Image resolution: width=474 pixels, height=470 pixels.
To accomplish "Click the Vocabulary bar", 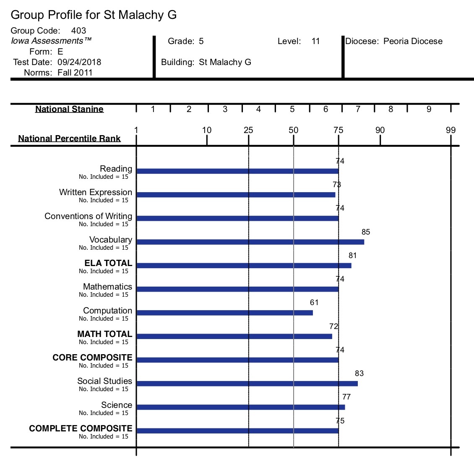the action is [250, 242].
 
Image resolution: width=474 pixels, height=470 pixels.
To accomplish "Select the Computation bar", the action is [224, 313].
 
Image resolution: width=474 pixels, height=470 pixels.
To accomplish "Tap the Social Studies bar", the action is [247, 384].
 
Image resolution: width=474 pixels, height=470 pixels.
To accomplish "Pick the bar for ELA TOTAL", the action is [244, 266].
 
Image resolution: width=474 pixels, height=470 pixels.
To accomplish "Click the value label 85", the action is [366, 232].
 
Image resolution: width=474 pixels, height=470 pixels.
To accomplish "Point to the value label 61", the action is [314, 303].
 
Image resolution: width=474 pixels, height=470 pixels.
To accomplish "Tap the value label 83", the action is [359, 373].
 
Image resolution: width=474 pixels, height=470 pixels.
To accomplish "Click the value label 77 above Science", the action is [346, 397].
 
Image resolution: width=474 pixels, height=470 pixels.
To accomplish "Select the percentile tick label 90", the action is [380, 130].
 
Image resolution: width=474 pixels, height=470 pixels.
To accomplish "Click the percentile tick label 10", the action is [207, 130].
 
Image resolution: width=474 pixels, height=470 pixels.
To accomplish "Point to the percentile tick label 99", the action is [451, 130].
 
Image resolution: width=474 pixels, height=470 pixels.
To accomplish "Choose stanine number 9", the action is [429, 109].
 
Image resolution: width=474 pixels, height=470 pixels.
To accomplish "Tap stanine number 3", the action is [225, 109].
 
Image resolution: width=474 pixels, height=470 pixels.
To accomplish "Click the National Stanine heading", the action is [70, 109].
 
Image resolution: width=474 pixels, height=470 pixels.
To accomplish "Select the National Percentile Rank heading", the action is [69, 138].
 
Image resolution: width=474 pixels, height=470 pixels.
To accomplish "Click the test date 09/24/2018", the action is [79, 62].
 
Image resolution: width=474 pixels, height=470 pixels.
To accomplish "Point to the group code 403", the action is [78, 31].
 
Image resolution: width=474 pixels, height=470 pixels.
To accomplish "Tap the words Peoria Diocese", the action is [413, 41].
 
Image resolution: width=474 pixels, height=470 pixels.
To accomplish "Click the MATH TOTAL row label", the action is [104, 334].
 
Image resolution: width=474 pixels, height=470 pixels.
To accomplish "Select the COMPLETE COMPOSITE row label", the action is [81, 428].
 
